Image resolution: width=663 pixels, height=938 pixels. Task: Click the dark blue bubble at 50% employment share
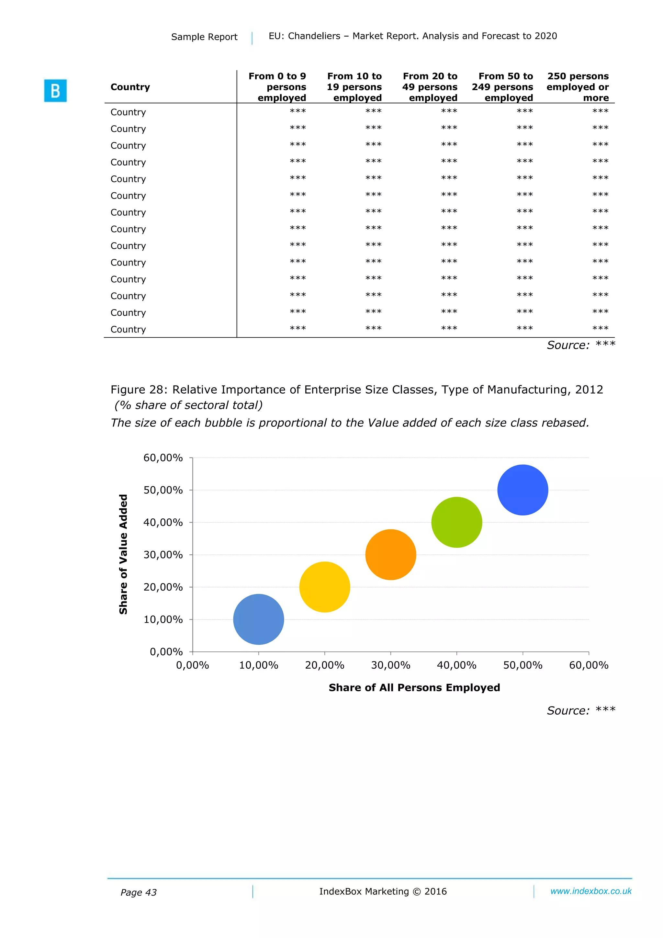(523, 490)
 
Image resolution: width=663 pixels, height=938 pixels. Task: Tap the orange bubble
(390, 554)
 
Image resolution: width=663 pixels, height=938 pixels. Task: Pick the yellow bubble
(324, 587)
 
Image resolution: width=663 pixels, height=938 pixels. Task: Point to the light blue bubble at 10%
(259, 619)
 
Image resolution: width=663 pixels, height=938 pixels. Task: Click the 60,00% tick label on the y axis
(163, 458)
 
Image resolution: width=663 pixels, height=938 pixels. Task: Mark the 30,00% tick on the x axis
(390, 665)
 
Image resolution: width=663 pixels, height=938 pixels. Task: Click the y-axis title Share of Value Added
(123, 554)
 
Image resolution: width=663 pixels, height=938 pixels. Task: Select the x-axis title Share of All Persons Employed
(414, 688)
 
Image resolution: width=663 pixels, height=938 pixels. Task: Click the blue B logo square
(55, 91)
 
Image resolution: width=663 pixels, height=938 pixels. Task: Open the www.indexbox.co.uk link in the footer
(591, 891)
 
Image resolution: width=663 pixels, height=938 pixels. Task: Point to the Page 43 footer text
(139, 892)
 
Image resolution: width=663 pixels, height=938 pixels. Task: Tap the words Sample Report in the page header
(204, 37)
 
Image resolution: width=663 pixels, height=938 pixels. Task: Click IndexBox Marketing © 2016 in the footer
(383, 891)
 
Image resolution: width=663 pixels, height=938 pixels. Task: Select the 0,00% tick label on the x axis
(192, 665)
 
